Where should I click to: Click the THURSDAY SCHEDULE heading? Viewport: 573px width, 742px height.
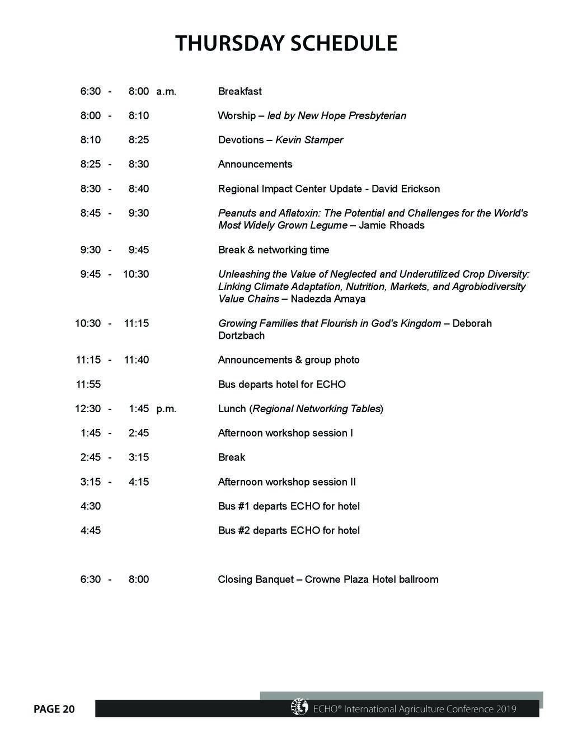[x=286, y=44]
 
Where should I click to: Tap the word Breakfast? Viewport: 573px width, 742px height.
[x=239, y=91]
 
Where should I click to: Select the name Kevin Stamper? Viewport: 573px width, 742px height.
[x=309, y=140]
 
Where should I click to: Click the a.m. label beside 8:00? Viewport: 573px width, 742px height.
[x=166, y=91]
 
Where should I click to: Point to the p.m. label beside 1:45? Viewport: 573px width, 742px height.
[x=166, y=409]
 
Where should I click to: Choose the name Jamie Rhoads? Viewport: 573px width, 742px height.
[x=391, y=225]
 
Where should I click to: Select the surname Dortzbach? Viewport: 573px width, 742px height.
[x=241, y=335]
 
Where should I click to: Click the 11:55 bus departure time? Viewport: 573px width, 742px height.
[x=88, y=384]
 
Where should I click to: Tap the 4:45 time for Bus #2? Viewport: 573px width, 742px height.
[x=91, y=530]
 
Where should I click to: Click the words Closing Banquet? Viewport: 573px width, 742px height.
[x=255, y=579]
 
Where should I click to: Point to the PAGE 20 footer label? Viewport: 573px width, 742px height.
[x=54, y=710]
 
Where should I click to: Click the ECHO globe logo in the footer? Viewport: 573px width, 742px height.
[x=299, y=707]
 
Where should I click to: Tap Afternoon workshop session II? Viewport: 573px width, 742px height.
[x=286, y=482]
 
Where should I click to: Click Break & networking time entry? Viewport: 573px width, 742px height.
[x=273, y=250]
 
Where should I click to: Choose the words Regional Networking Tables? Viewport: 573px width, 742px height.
[x=316, y=409]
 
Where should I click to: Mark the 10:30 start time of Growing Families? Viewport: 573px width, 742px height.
[x=88, y=323]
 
